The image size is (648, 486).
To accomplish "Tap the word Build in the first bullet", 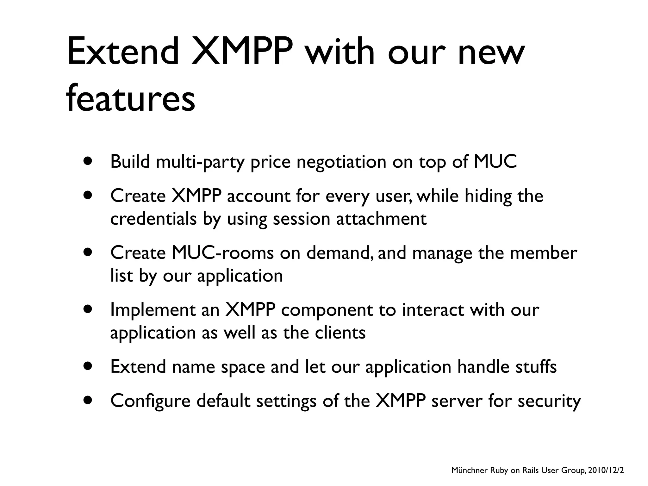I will click(130, 162).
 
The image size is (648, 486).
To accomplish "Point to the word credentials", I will click(153, 219).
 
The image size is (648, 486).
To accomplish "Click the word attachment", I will click(381, 219).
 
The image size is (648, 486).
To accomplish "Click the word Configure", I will click(150, 402).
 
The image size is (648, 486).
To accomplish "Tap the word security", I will click(549, 402).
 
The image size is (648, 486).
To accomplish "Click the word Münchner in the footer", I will click(469, 470).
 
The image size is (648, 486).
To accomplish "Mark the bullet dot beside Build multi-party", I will click(88, 162).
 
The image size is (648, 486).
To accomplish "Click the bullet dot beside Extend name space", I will click(88, 367).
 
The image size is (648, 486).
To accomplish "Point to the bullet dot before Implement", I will click(88, 309).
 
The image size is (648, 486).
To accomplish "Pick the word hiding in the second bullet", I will click(488, 196).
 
